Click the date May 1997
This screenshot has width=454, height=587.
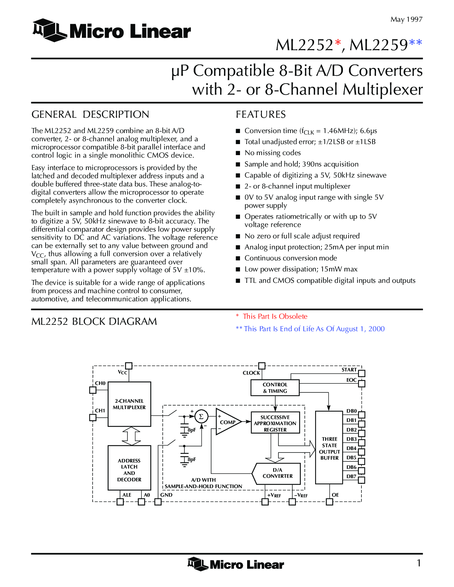406,20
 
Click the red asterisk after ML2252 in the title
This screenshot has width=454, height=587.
338,42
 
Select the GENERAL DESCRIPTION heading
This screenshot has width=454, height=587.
90,114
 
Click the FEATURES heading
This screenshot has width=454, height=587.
261,114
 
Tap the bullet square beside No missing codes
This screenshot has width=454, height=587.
238,153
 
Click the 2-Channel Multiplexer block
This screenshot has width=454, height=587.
129,404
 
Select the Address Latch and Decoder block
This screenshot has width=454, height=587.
129,467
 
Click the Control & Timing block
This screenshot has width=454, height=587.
275,388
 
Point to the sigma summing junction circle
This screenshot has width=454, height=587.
201,417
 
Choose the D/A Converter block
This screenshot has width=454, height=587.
276,474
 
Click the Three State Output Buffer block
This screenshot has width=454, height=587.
329,448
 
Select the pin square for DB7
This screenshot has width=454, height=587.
361,480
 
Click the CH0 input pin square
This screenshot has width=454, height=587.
93,390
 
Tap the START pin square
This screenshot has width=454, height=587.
361,374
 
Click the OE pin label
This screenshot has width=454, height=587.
335,495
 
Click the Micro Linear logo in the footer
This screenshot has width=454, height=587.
235,564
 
